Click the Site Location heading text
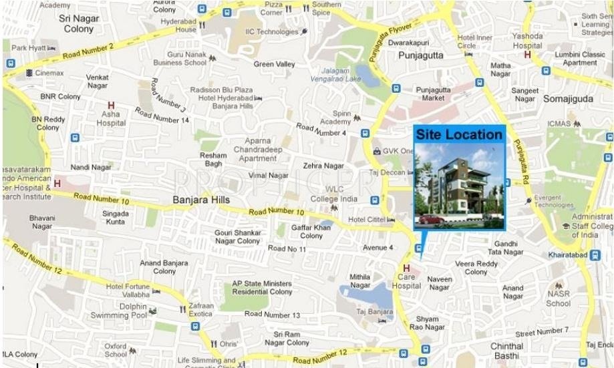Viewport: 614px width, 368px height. pyautogui.click(x=459, y=135)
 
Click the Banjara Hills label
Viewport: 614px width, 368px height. pyautogui.click(x=200, y=200)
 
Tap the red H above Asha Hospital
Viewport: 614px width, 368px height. pyautogui.click(x=111, y=106)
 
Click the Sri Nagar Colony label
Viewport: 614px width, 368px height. pyautogui.click(x=79, y=24)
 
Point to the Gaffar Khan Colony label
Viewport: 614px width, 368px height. pyautogui.click(x=311, y=231)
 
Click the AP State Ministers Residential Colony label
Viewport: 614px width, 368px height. pyautogui.click(x=261, y=288)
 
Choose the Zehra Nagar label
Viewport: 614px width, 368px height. pyautogui.click(x=323, y=166)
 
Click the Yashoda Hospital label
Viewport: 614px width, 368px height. pyautogui.click(x=527, y=41)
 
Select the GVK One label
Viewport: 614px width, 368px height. pyautogui.click(x=400, y=151)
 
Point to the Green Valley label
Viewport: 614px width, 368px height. pyautogui.click(x=274, y=64)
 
